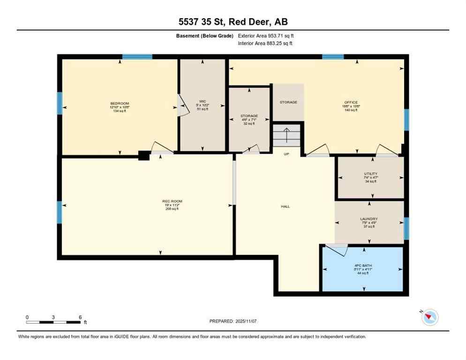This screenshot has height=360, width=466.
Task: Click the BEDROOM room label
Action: pyautogui.click(x=120, y=103)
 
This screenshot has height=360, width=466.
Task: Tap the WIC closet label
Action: pyautogui.click(x=203, y=101)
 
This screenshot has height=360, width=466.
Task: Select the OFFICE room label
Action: pyautogui.click(x=351, y=102)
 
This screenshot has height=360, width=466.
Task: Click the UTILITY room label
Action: pyautogui.click(x=370, y=174)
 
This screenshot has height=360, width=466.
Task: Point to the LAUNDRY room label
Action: pyautogui.click(x=369, y=219)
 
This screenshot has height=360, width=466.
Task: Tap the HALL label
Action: pyautogui.click(x=285, y=206)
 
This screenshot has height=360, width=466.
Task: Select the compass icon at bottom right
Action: pyautogui.click(x=429, y=317)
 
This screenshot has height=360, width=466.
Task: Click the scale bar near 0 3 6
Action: pyautogui.click(x=54, y=322)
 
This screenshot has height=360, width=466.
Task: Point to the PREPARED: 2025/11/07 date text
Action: pyautogui.click(x=233, y=321)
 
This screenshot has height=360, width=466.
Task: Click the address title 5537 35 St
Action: pyautogui.click(x=233, y=22)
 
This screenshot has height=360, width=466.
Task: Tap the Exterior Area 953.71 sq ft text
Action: pyautogui.click(x=266, y=36)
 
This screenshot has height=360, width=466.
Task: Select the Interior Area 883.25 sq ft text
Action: pyautogui.click(x=266, y=43)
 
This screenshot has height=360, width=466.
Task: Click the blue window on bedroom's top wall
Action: pyautogui.click(x=137, y=57)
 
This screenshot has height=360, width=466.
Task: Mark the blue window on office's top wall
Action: pyautogui.click(x=333, y=57)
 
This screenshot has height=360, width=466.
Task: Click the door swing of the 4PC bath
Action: pyautogui.click(x=337, y=249)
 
